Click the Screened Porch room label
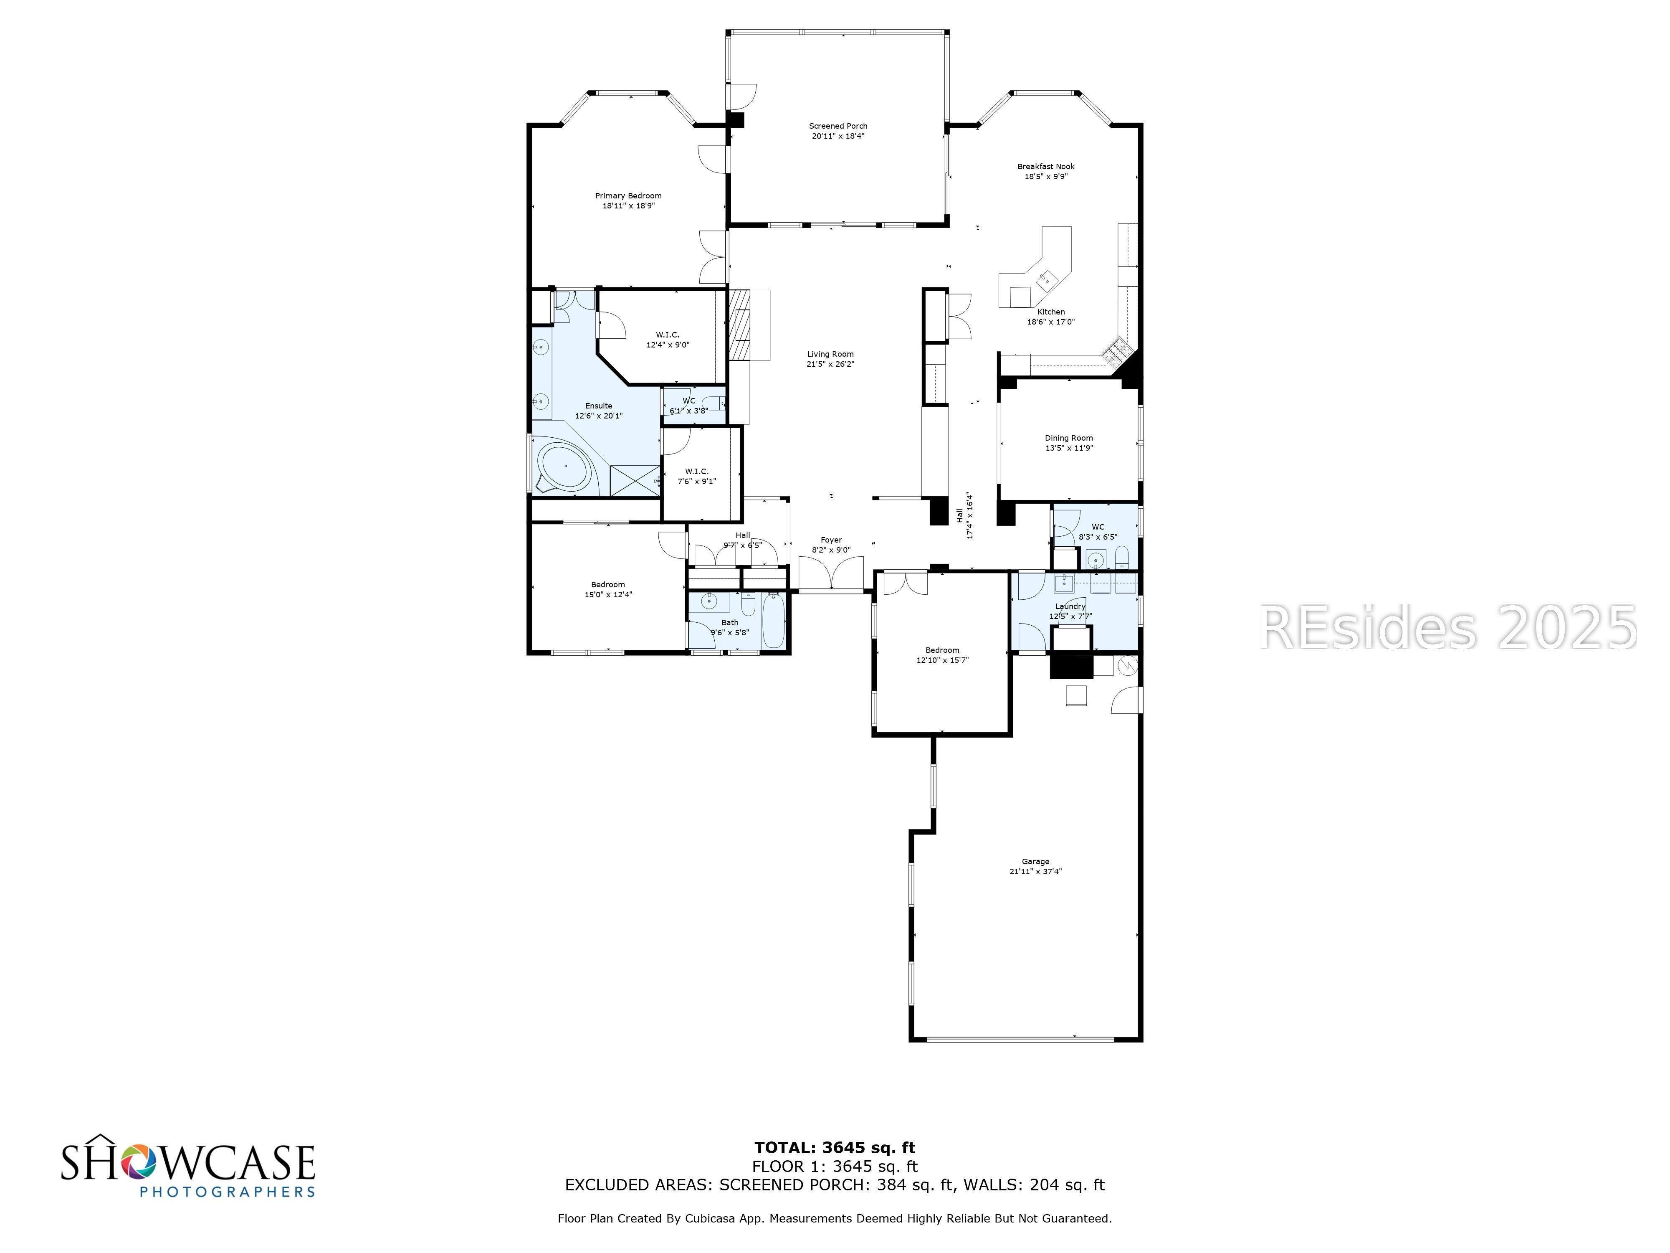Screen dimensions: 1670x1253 [x=838, y=126]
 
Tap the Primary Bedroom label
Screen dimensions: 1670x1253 [x=628, y=195]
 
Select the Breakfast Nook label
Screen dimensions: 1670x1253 [x=1046, y=166]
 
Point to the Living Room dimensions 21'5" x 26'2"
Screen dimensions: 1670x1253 [x=830, y=364]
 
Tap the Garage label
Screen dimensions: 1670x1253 [x=1036, y=861]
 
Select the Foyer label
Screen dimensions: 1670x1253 [x=831, y=540]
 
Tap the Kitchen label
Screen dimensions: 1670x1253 [x=1051, y=312]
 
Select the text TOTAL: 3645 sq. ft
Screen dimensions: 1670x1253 [x=835, y=1149]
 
